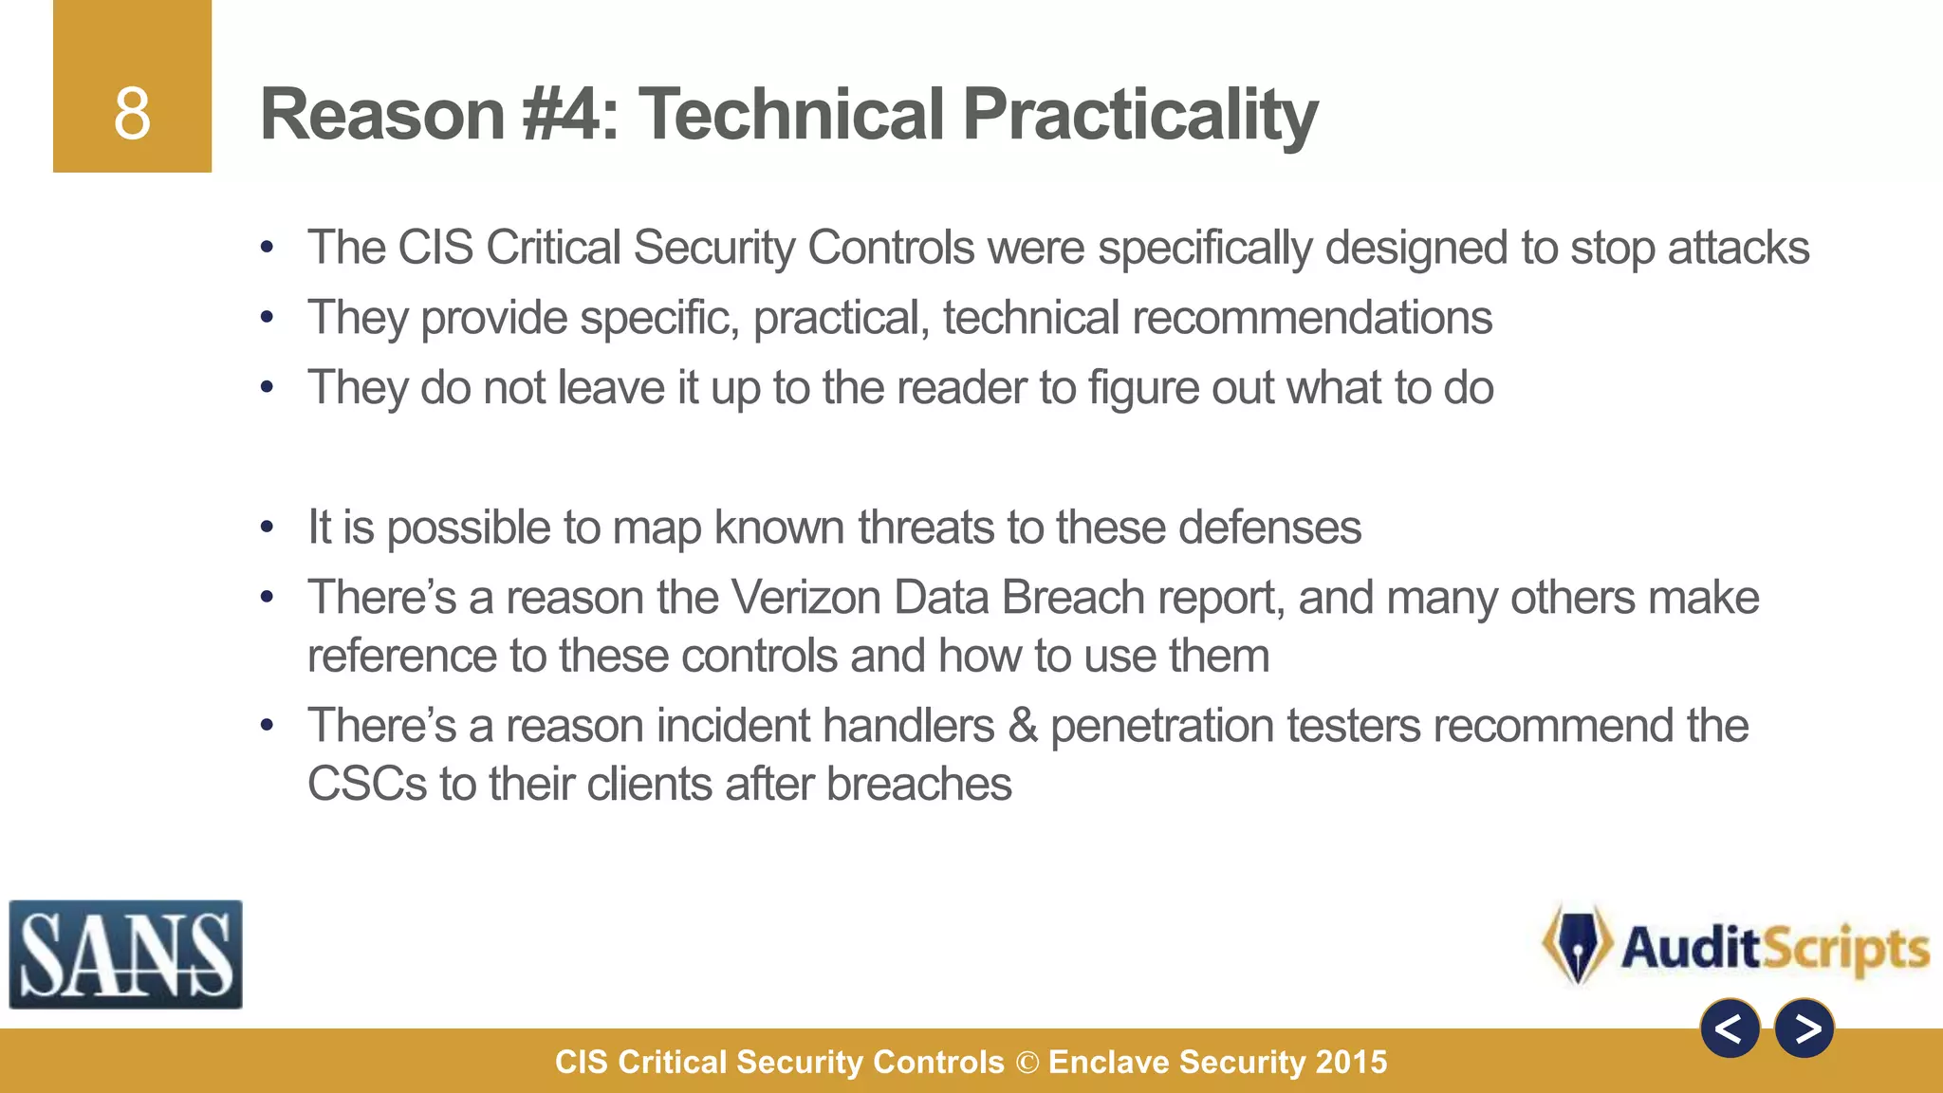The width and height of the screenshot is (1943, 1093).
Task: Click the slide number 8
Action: click(132, 114)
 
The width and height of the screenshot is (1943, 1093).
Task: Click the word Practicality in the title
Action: click(1139, 116)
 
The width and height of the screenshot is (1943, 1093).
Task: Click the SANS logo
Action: click(125, 954)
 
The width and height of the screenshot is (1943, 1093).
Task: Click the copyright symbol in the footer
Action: click(1027, 1063)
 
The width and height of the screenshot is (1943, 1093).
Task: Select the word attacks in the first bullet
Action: click(1738, 249)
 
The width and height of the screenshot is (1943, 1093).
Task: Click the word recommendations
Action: click(1311, 318)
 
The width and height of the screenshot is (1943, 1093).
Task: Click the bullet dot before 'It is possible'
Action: click(268, 528)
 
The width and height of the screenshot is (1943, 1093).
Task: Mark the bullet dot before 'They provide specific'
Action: click(268, 318)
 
